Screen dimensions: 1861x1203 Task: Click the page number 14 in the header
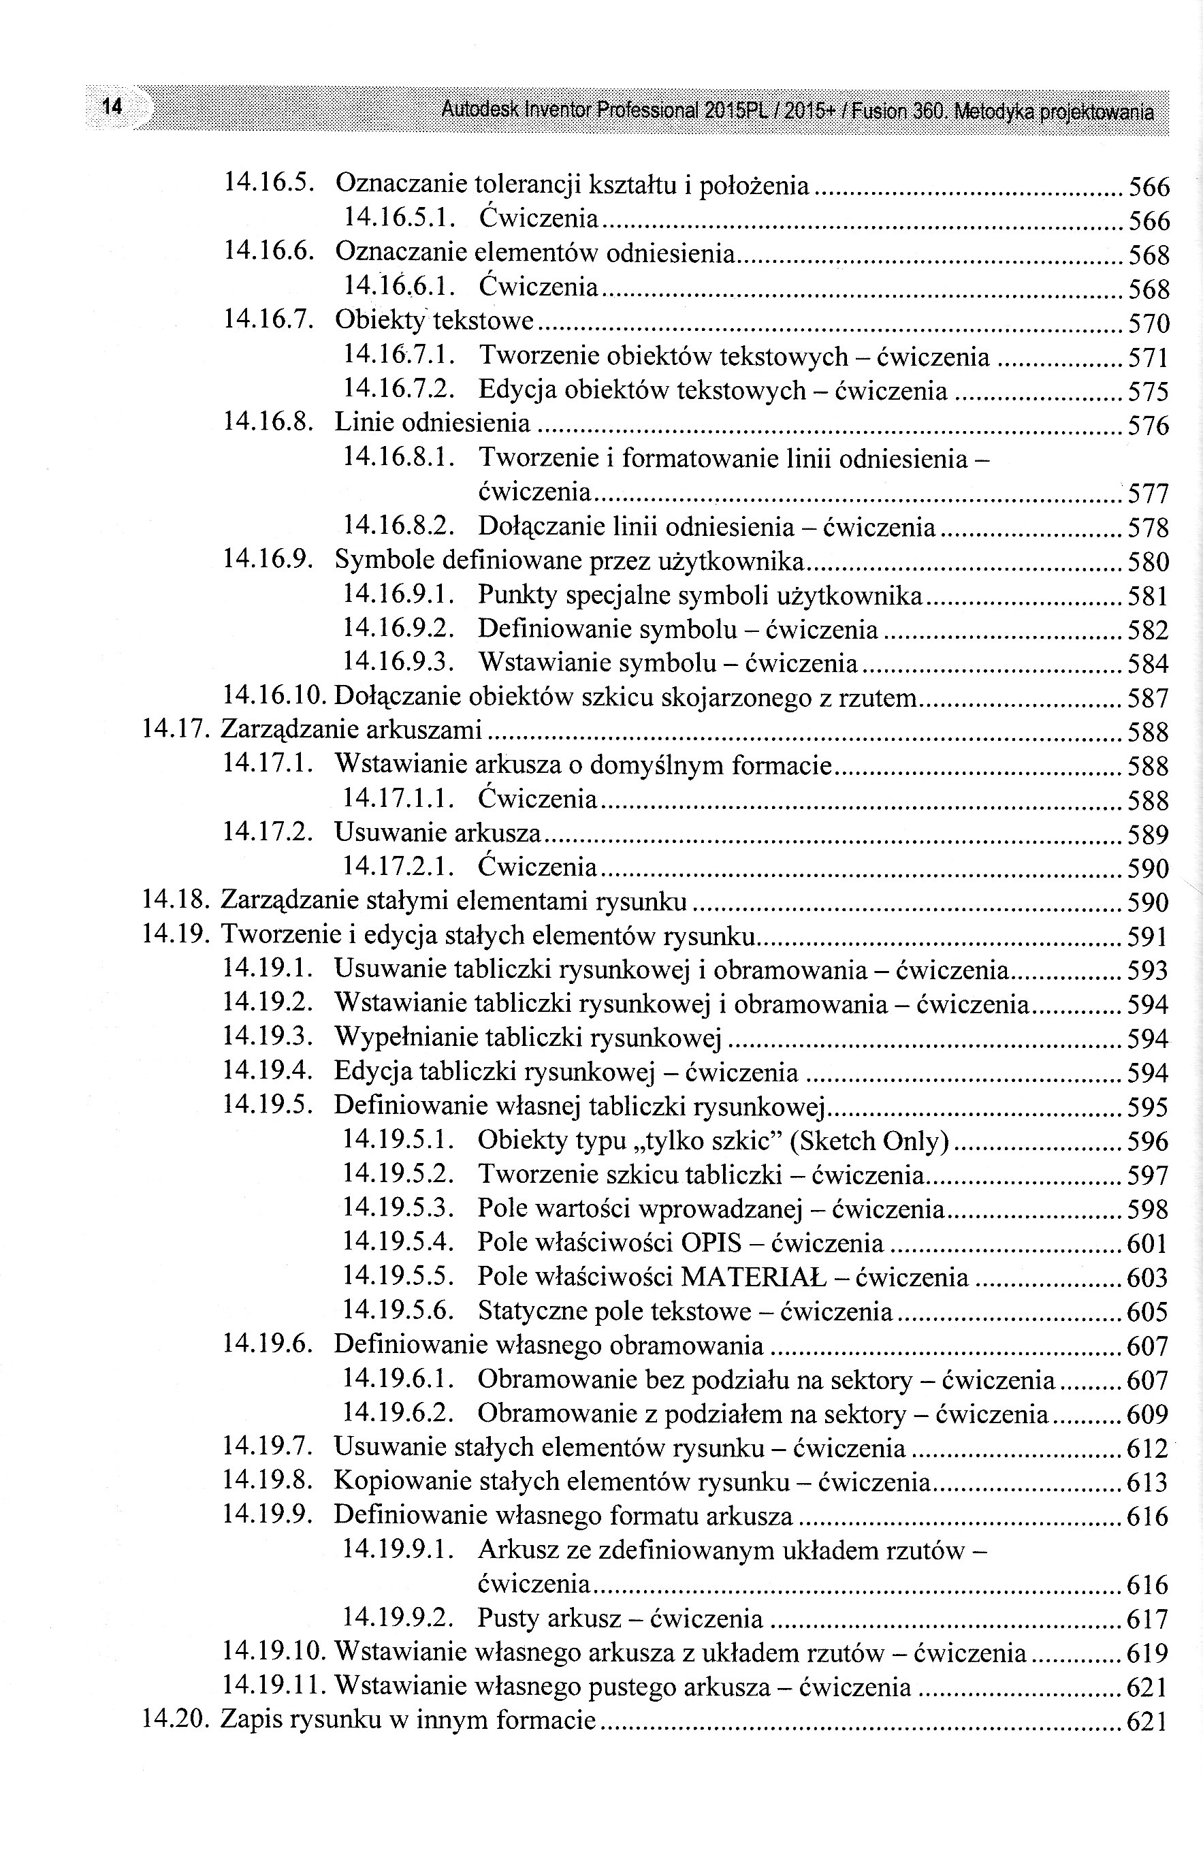pyautogui.click(x=112, y=106)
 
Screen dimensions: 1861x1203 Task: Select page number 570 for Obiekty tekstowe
pyautogui.click(x=1149, y=323)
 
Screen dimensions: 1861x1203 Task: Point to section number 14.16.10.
pyautogui.click(x=276, y=695)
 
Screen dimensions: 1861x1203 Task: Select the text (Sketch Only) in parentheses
pyautogui.click(x=869, y=1141)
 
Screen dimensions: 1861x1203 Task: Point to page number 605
pyautogui.click(x=1148, y=1311)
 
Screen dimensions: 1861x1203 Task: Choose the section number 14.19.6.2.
pyautogui.click(x=398, y=1414)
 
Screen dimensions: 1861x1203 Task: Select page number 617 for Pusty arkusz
pyautogui.click(x=1148, y=1618)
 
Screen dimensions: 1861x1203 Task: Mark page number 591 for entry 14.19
pyautogui.click(x=1148, y=936)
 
